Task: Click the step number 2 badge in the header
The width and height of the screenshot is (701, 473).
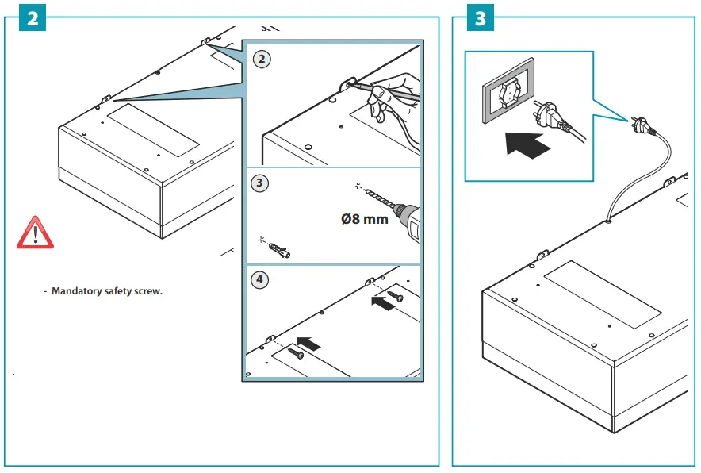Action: tap(32, 19)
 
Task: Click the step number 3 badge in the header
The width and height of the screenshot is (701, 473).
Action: tap(480, 19)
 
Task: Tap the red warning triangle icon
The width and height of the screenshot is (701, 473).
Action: tap(35, 232)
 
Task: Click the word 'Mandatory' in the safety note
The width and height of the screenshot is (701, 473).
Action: tap(76, 291)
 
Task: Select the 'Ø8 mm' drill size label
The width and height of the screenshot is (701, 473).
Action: tap(364, 218)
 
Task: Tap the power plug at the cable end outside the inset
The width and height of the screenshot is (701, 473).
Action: tap(642, 125)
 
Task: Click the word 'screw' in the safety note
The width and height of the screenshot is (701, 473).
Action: tap(149, 291)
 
